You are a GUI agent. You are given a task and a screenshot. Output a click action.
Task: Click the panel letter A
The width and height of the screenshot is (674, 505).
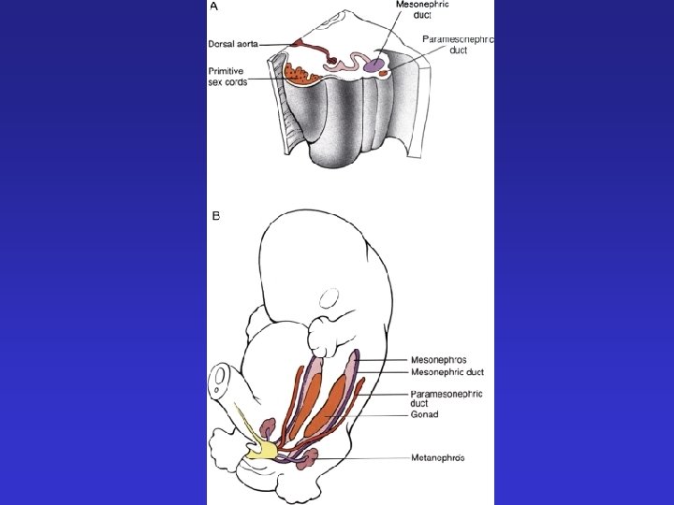214,6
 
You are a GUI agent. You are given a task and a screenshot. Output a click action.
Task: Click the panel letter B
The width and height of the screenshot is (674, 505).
215,216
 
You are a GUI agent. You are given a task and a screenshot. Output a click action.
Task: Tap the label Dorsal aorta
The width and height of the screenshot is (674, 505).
233,43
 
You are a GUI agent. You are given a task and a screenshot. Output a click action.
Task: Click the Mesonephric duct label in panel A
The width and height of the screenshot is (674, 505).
422,9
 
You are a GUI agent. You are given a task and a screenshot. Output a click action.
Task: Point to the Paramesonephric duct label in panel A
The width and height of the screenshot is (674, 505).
458,45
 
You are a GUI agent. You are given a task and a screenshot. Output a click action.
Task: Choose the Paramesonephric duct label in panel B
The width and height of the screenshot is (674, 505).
446,399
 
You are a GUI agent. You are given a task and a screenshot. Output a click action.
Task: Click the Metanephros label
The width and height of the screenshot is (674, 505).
438,457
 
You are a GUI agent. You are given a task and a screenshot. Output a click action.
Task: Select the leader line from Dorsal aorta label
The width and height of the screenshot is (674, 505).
278,43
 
